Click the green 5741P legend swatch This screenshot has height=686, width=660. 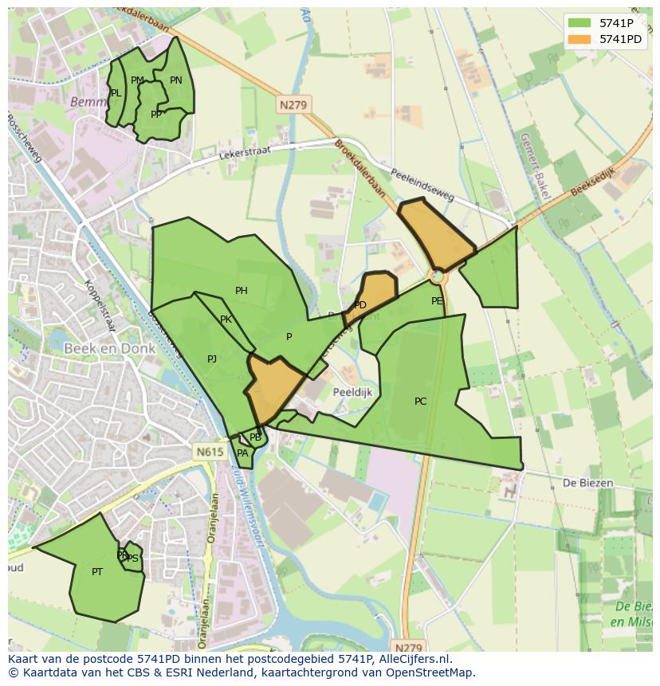pyautogui.click(x=579, y=23)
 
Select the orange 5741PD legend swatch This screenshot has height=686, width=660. pyautogui.click(x=579, y=39)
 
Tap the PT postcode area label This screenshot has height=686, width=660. pyautogui.click(x=97, y=572)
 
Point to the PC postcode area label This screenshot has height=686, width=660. pyautogui.click(x=421, y=402)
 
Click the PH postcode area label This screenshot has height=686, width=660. pyautogui.click(x=242, y=291)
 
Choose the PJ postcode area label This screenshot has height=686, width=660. pyautogui.click(x=212, y=359)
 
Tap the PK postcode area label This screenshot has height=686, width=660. pyautogui.click(x=226, y=319)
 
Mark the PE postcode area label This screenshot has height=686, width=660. pyautogui.click(x=437, y=301)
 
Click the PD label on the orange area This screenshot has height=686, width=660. pyautogui.click(x=360, y=305)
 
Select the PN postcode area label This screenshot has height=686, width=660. pyautogui.click(x=176, y=80)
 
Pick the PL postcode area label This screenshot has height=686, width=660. pyautogui.click(x=116, y=93)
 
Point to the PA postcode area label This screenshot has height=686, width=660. pyautogui.click(x=242, y=453)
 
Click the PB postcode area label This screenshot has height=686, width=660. pyautogui.click(x=255, y=437)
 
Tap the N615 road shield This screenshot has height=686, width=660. pyautogui.click(x=210, y=452)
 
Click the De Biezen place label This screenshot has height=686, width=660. pyautogui.click(x=587, y=483)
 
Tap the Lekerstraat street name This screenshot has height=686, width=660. pyautogui.click(x=246, y=151)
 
